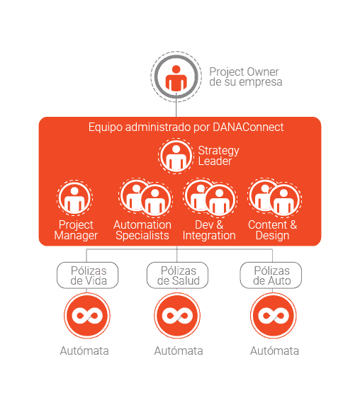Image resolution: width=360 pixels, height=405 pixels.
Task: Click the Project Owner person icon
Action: click(176, 76)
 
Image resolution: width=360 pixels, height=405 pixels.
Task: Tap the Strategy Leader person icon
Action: click(176, 156)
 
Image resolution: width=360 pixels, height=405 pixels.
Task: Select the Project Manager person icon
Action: click(74, 198)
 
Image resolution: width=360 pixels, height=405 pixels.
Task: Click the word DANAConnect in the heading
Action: click(248, 127)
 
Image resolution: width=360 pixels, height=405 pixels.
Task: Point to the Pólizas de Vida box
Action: click(88, 275)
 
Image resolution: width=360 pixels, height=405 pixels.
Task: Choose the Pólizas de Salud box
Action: click(178, 275)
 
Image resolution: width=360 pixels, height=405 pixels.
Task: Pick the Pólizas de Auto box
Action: click(271, 275)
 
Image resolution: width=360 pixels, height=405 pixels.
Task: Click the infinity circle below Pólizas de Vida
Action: click(87, 316)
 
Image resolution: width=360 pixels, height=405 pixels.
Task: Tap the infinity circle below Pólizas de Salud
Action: click(177, 316)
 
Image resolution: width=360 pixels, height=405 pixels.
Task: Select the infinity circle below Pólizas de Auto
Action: click(274, 316)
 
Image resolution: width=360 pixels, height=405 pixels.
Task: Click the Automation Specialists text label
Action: click(142, 230)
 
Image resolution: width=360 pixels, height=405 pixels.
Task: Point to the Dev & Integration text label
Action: click(209, 230)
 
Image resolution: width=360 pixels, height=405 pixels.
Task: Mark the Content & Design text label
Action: click(272, 230)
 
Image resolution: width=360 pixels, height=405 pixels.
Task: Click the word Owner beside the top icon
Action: click(263, 72)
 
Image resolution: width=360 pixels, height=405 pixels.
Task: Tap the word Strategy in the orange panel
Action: click(219, 151)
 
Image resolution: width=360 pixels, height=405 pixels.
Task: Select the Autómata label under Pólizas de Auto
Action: click(274, 350)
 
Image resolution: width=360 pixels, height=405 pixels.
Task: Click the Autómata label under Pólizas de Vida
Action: click(84, 350)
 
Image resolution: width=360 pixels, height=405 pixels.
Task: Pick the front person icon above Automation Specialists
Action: click(155, 200)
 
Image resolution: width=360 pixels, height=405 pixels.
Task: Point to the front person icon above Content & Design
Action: click(283, 200)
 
